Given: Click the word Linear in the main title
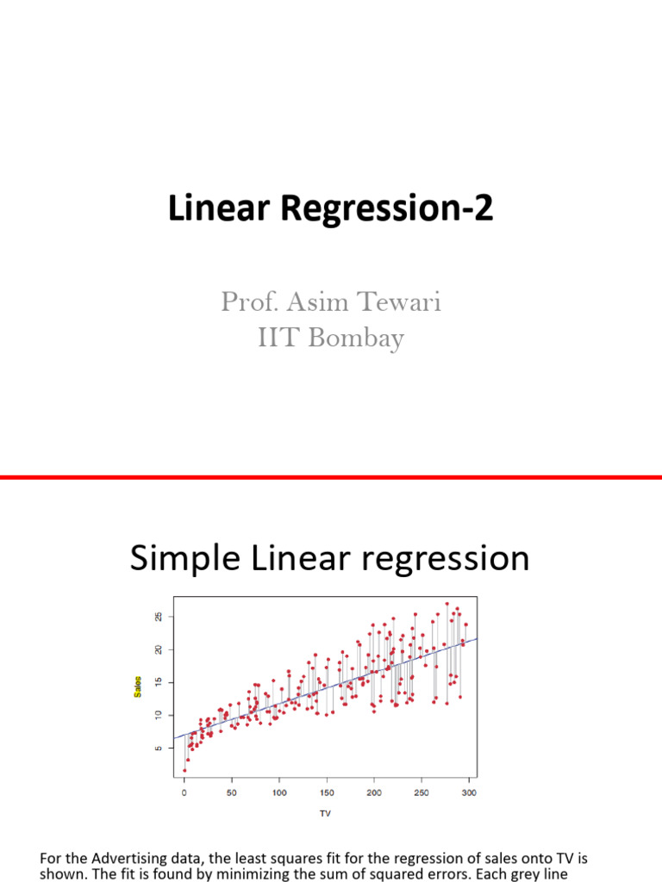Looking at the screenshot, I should click(x=208, y=210).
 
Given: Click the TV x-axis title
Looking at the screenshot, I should click(x=325, y=813).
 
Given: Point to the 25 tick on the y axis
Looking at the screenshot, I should click(x=159, y=617).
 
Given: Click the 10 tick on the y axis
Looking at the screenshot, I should click(x=159, y=715).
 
